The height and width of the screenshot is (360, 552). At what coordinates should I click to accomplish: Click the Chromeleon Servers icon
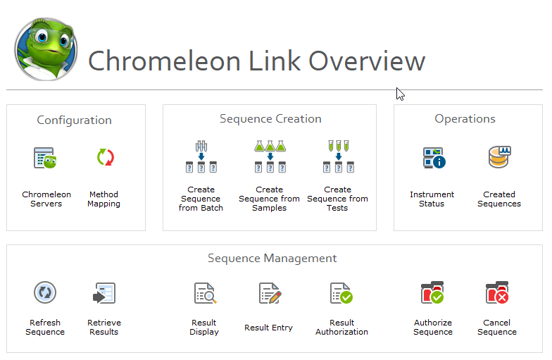45,158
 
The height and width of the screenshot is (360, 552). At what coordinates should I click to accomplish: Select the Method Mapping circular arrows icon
106,157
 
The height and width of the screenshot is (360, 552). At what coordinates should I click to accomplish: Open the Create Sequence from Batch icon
201,156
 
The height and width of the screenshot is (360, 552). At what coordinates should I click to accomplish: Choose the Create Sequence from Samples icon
270,156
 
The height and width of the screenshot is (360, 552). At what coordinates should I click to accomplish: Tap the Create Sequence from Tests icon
338,156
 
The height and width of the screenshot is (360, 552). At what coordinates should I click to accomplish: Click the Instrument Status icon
434,158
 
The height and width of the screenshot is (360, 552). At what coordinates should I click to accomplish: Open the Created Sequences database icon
500,157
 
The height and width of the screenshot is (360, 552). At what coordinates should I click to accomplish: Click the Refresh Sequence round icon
45,292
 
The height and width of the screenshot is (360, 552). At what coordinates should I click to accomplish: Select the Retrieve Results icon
104,293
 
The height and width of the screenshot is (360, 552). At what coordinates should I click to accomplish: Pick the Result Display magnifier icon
206,293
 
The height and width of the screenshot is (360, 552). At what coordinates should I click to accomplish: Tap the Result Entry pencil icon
270,293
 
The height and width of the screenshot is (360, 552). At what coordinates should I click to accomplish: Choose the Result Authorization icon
341,293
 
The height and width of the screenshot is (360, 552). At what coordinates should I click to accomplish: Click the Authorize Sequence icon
432,292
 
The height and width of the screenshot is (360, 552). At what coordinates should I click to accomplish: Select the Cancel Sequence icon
497,292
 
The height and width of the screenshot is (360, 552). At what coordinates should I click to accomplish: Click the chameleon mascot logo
46,49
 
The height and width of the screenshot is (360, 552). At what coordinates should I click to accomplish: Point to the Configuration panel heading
75,120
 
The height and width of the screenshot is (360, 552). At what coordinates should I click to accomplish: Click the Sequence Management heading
272,258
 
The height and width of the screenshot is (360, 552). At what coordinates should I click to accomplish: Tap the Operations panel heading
465,118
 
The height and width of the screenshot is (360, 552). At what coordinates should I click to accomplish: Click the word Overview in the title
367,61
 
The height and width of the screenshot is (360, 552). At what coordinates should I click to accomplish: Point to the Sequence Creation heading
270,118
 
